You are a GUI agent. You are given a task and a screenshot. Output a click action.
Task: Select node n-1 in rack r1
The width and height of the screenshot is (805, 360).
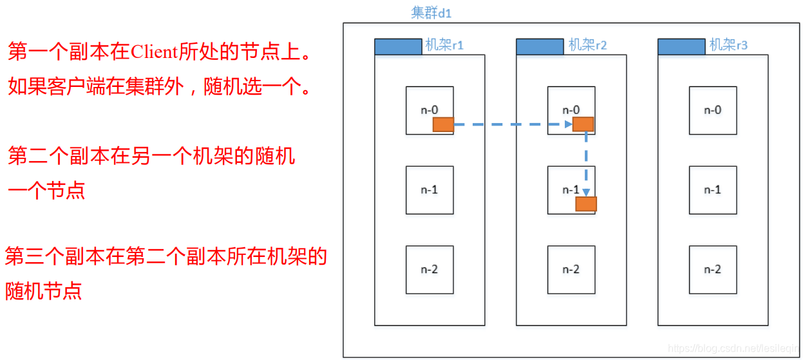coord(430,190)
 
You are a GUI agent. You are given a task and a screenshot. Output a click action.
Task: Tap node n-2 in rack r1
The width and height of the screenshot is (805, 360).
coord(430,269)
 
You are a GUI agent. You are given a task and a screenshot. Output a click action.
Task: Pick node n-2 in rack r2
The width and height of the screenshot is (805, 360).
coord(571,269)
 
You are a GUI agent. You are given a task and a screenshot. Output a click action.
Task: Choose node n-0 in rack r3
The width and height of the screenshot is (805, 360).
coord(713,110)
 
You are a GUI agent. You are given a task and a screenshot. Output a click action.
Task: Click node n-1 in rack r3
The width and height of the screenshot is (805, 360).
coord(713,190)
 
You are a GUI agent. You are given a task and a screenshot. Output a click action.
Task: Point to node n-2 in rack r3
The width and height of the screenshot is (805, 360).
coord(713,269)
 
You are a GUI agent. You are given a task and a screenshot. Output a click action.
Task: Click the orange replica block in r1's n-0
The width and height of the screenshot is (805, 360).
coord(443,124)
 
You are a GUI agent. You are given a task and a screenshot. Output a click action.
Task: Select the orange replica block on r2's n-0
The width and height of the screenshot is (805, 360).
coord(583,124)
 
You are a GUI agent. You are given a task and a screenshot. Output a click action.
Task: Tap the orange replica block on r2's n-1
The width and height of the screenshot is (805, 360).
coord(586,204)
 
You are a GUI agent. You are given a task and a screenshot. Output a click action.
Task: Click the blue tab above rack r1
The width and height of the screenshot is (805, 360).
coord(398,46)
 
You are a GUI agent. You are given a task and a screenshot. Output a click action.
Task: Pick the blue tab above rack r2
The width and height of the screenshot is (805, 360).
coord(540,46)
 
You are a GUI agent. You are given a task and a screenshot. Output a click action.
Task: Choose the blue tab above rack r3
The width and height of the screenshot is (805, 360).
coord(681,46)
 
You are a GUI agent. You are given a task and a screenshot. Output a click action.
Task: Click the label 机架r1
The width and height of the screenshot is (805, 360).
coord(444,45)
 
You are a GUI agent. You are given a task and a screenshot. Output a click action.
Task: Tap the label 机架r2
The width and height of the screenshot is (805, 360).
coord(587,45)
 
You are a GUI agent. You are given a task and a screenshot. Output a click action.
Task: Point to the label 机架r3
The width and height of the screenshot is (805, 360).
coord(728,45)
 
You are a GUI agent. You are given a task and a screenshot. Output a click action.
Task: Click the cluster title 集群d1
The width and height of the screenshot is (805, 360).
coord(431,13)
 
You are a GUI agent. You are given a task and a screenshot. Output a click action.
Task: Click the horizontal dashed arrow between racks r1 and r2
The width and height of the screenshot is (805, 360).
coord(512,124)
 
